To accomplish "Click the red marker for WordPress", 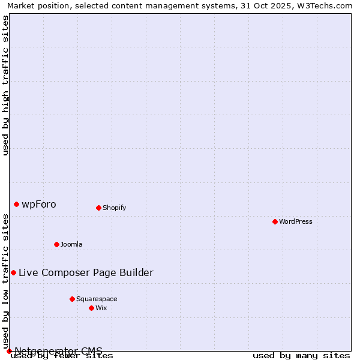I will [275, 221].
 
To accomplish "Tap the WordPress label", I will [296, 221].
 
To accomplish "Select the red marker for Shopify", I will [98, 208].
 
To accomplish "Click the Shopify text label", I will [114, 208].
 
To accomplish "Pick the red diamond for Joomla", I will [56, 244].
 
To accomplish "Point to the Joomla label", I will [71, 244].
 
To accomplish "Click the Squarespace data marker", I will [72, 299].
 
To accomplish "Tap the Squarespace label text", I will [97, 299].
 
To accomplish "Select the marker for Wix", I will [91, 308].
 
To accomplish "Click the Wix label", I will [101, 308].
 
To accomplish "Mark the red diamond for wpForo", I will [16, 204].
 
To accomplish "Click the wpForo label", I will [39, 205].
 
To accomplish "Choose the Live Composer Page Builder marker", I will [13, 272].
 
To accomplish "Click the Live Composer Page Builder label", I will [86, 273].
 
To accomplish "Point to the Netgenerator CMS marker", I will [9, 351].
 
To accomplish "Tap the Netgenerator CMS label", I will [58, 351].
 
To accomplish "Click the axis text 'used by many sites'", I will [301, 356].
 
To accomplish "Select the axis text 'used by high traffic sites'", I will [6, 85].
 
